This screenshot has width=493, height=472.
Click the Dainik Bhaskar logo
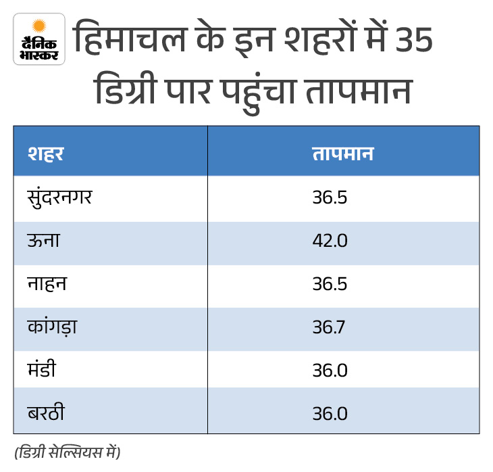[x=39, y=39]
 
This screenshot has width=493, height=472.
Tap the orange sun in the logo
[x=39, y=26]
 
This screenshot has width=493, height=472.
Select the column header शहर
[x=46, y=154]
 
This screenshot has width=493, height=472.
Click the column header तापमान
[x=343, y=154]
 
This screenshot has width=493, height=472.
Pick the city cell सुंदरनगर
[x=59, y=197]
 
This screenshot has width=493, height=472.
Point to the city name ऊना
[x=43, y=240]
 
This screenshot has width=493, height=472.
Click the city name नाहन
[x=47, y=283]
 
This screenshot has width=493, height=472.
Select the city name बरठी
[x=46, y=412]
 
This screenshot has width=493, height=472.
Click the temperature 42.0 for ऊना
[x=330, y=241]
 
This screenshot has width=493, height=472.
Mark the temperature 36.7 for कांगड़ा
[x=329, y=327]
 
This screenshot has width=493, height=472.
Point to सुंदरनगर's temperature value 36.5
[x=330, y=197]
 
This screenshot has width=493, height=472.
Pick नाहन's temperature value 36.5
[x=330, y=284]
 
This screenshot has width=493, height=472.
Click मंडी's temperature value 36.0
[x=330, y=371]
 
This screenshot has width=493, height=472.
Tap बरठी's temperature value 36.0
[x=330, y=413]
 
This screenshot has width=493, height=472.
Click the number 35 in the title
[x=414, y=40]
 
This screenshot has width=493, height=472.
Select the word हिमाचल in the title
[x=130, y=37]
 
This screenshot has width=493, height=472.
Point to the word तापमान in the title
[x=359, y=91]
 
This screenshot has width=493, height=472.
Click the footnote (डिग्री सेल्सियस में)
[x=68, y=452]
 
